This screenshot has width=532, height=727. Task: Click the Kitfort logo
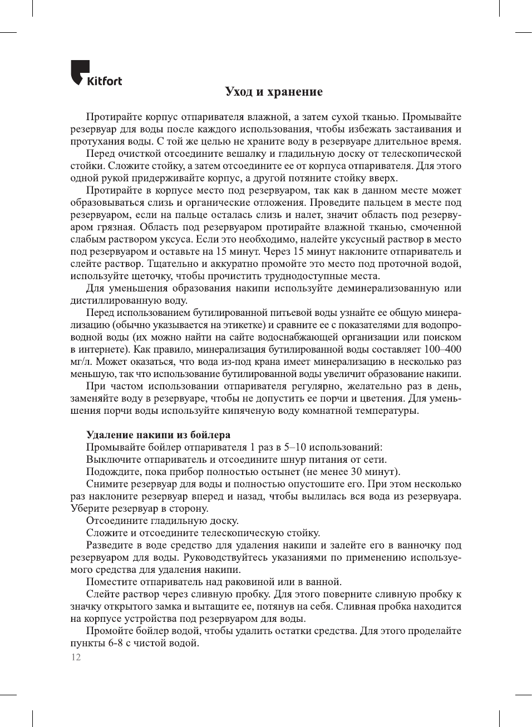(x=96, y=74)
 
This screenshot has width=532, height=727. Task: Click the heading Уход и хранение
(x=273, y=92)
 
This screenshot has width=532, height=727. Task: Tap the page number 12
(x=76, y=657)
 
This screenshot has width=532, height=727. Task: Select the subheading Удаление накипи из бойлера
(x=158, y=435)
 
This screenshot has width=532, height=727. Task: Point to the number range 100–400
(x=442, y=349)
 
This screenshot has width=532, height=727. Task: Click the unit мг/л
(x=81, y=362)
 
